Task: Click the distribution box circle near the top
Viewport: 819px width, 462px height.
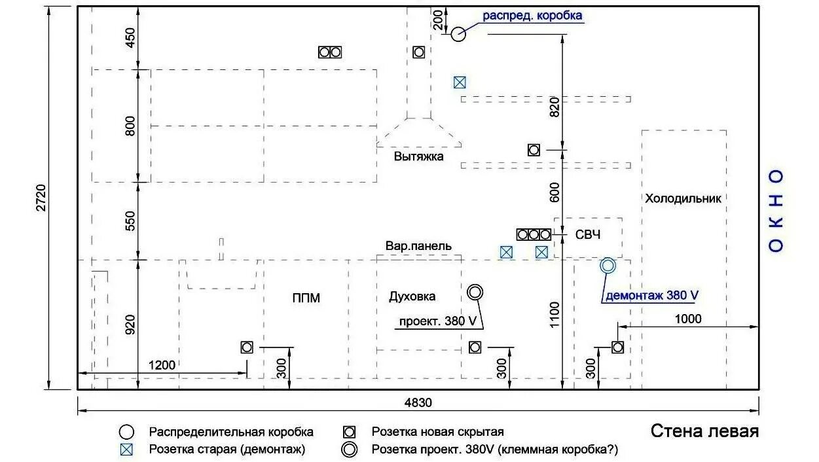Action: pyautogui.click(x=458, y=33)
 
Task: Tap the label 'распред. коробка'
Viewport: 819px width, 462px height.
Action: pyautogui.click(x=532, y=16)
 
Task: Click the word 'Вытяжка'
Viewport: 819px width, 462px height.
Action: pyautogui.click(x=419, y=156)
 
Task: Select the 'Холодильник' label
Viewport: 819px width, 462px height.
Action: pyautogui.click(x=683, y=198)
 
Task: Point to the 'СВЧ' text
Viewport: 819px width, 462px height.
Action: pyautogui.click(x=588, y=234)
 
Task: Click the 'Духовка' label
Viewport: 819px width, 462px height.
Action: pyautogui.click(x=412, y=296)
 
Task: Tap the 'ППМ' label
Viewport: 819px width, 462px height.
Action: pyautogui.click(x=306, y=298)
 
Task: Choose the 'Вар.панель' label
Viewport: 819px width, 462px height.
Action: pyautogui.click(x=418, y=246)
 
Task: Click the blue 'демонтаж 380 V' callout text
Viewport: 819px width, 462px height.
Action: pyautogui.click(x=651, y=295)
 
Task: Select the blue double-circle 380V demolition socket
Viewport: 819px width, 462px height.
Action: pyautogui.click(x=608, y=265)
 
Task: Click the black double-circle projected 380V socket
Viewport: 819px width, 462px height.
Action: pyautogui.click(x=475, y=292)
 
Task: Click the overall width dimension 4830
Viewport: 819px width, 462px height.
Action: pyautogui.click(x=418, y=402)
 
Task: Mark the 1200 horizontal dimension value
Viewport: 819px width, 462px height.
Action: pyautogui.click(x=162, y=365)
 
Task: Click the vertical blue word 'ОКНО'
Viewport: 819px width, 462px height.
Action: pyautogui.click(x=776, y=210)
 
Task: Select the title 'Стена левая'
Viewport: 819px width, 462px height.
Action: pyautogui.click(x=704, y=432)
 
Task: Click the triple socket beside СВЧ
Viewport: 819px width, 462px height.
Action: pyautogui.click(x=534, y=234)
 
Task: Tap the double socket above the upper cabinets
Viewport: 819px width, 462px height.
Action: pyautogui.click(x=331, y=52)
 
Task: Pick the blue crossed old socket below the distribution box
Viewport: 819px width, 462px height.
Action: pyautogui.click(x=460, y=82)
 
